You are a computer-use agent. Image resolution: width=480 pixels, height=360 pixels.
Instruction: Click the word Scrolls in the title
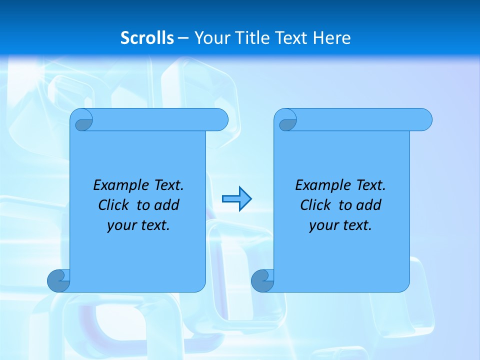pos(147,38)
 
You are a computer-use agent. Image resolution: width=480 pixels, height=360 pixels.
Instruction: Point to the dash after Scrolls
pos(183,38)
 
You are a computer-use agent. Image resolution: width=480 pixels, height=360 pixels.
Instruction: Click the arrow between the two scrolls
pos(236,199)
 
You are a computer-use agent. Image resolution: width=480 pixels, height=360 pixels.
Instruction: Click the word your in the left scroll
pos(120,225)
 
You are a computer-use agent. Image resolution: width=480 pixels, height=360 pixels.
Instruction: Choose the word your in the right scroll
pos(322,225)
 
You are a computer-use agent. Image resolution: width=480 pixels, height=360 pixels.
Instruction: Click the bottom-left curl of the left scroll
pos(58,280)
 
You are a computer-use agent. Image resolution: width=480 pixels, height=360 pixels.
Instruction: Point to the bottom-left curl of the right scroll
pos(262,280)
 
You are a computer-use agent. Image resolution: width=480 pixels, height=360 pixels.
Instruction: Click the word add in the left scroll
pos(166,205)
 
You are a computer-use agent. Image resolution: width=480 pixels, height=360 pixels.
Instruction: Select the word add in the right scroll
pos(368,205)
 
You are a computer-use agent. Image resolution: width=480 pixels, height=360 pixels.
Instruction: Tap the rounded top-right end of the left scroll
pos(220,119)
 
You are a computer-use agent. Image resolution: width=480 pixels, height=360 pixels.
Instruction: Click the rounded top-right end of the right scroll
pos(424,119)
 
